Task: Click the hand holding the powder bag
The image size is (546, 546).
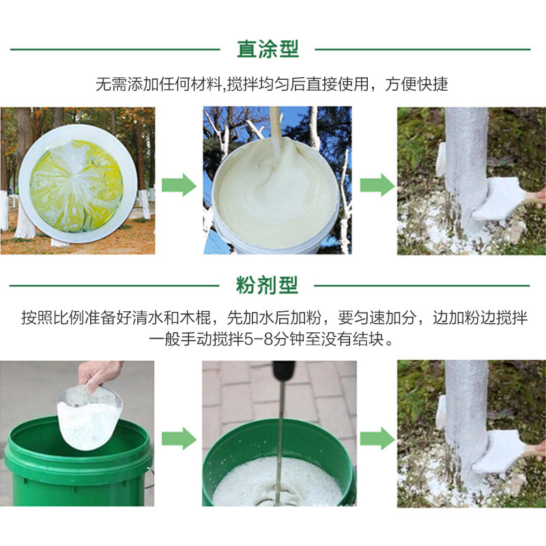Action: pos(99,375)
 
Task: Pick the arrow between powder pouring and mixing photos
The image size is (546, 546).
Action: pos(179,437)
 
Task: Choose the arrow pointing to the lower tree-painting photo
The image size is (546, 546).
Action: pos(377,437)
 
